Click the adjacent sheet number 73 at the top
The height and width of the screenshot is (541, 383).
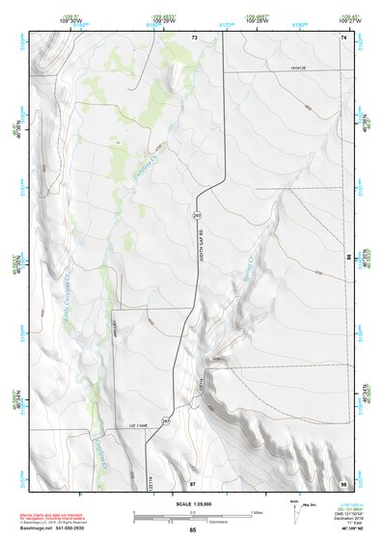(x=193, y=38)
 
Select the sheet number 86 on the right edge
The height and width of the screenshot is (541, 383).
(x=348, y=257)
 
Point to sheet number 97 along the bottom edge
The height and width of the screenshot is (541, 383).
(x=193, y=479)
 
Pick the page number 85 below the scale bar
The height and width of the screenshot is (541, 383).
(x=193, y=529)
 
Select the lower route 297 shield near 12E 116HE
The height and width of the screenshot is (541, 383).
(x=165, y=422)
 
